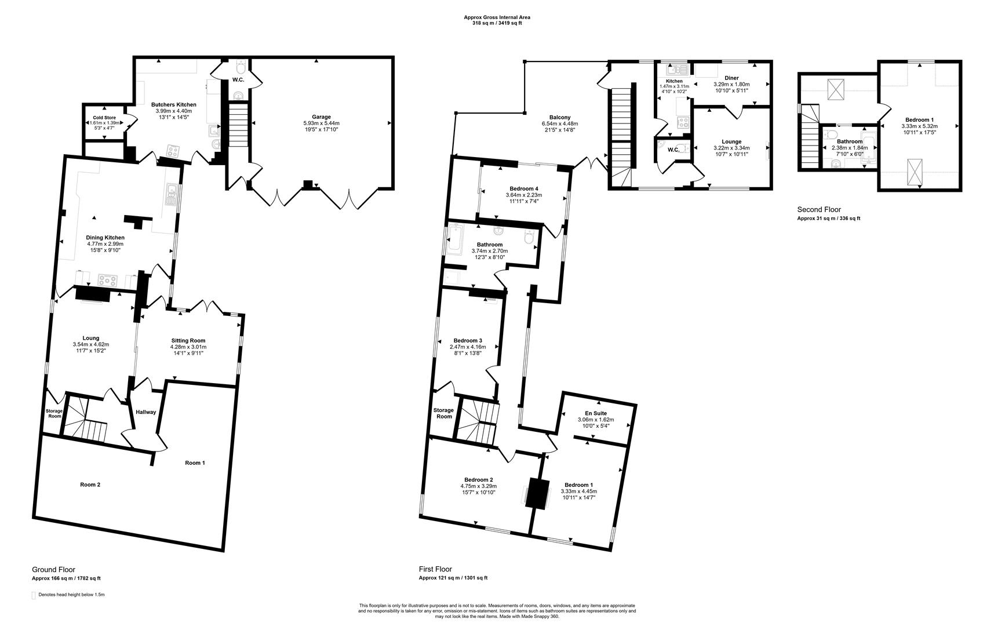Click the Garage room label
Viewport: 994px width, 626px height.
click(x=321, y=117)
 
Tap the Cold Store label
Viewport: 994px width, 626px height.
click(x=104, y=118)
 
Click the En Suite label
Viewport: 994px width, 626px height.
click(x=596, y=413)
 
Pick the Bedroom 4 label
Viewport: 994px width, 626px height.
click(x=523, y=188)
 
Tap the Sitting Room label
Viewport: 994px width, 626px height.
click(x=188, y=340)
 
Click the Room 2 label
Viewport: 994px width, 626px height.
click(x=90, y=485)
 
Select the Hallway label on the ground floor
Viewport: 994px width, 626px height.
click(x=145, y=412)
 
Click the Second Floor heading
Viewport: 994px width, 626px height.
click(x=818, y=210)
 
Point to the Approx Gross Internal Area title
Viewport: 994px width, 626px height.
click(x=497, y=17)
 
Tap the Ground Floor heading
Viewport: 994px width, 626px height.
click(x=53, y=570)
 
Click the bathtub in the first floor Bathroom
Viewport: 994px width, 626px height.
click(x=454, y=241)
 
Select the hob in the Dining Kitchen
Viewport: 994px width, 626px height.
click(x=108, y=280)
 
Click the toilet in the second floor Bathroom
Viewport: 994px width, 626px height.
click(x=832, y=134)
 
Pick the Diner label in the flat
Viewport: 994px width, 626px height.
click(x=731, y=78)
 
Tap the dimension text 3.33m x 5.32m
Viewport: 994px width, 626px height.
click(x=919, y=126)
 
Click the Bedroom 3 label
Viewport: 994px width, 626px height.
click(x=467, y=340)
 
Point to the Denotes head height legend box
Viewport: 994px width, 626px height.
click(x=34, y=595)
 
